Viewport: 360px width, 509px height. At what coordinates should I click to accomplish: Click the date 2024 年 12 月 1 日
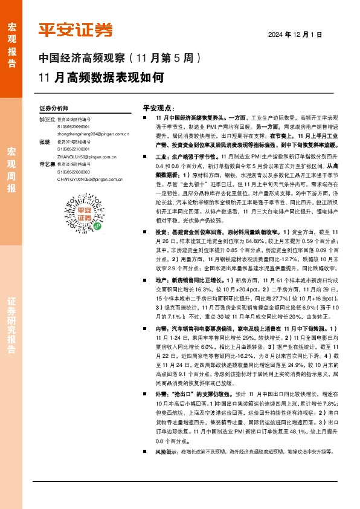[295, 36]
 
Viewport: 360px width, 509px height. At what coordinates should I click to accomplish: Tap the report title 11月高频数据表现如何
[100, 77]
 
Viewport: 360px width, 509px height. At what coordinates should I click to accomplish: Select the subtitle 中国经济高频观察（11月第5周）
[123, 59]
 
